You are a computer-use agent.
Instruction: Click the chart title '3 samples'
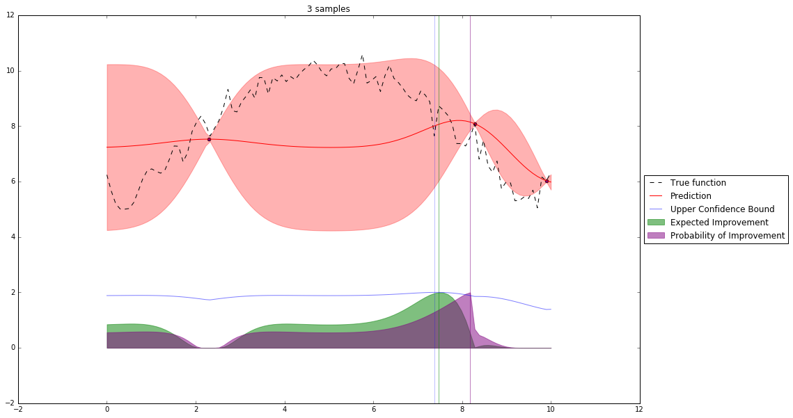pyautogui.click(x=328, y=9)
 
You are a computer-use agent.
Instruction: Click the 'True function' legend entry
pyautogui.click(x=698, y=183)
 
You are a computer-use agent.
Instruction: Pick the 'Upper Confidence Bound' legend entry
pyautogui.click(x=716, y=209)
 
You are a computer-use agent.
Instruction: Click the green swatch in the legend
pyautogui.click(x=657, y=223)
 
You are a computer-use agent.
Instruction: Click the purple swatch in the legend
pyautogui.click(x=657, y=236)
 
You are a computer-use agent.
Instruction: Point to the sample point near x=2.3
pyautogui.click(x=209, y=139)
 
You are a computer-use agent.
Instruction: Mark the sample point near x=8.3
pyautogui.click(x=475, y=124)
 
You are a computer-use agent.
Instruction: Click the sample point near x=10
pyautogui.click(x=547, y=181)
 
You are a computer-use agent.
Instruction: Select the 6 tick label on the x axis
pyautogui.click(x=373, y=410)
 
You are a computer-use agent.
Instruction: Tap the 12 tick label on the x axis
pyautogui.click(x=639, y=410)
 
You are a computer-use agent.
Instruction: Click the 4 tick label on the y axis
pyautogui.click(x=9, y=237)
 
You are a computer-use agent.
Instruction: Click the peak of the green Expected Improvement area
pyautogui.click(x=439, y=293)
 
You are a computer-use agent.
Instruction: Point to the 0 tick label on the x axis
pyautogui.click(x=107, y=410)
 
